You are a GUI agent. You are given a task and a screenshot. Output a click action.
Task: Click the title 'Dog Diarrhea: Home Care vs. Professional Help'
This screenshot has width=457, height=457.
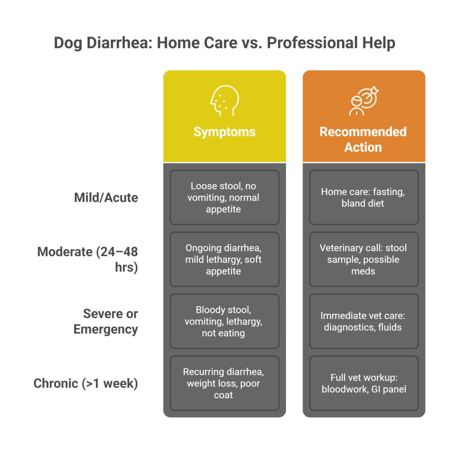[x=224, y=43]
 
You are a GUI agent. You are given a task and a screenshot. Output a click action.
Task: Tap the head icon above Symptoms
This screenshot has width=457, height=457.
[x=225, y=100]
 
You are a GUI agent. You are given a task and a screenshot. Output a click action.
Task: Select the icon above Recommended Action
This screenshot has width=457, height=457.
[x=364, y=100]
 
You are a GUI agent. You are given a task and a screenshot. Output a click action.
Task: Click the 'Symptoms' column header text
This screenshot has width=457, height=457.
[x=224, y=132]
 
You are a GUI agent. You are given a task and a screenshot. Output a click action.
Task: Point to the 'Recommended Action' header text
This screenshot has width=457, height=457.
[x=363, y=139]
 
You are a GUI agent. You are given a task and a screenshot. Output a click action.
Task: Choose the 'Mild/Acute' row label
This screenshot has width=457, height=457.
[x=106, y=198]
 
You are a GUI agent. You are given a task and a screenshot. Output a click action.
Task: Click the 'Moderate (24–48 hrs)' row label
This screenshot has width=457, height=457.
[x=87, y=259]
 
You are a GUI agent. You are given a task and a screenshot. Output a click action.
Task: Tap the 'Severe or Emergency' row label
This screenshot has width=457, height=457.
[x=106, y=321]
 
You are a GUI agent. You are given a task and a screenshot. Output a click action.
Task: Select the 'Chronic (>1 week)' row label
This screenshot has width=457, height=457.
[x=86, y=383]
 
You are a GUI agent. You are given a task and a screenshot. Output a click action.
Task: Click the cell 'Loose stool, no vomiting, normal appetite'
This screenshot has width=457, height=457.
[x=224, y=197]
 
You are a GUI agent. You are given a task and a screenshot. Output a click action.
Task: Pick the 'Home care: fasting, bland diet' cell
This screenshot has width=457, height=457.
[x=364, y=197]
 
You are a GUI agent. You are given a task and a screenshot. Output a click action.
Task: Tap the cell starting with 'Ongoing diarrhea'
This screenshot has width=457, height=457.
[x=224, y=259]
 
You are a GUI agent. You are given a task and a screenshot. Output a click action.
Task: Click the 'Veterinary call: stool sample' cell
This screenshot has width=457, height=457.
[x=364, y=259]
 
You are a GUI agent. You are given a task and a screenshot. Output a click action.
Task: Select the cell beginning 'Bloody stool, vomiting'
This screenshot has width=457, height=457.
[x=224, y=321]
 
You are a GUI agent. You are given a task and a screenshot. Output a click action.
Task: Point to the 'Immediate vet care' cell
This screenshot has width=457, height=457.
[x=364, y=321]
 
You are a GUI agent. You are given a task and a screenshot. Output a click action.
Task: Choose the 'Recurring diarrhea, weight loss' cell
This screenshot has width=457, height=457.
[x=224, y=383]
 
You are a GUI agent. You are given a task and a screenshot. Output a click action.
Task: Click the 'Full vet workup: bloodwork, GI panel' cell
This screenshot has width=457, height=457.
[x=364, y=383]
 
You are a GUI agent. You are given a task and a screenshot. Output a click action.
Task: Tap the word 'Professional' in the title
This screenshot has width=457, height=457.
[x=312, y=43]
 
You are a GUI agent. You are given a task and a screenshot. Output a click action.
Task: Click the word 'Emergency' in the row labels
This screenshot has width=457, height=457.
[x=106, y=330]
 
